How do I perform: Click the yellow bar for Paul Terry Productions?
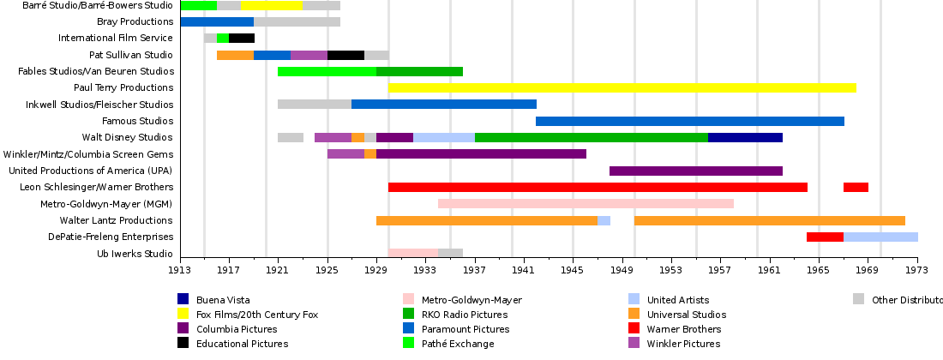point(622,87)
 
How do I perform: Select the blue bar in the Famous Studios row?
point(689,121)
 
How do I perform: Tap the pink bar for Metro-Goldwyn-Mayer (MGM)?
point(586,204)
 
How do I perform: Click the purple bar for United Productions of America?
point(695,171)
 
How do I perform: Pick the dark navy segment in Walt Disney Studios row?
point(745,137)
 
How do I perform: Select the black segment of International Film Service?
point(242,38)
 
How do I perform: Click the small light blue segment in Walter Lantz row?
point(604,220)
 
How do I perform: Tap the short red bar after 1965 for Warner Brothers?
point(856,187)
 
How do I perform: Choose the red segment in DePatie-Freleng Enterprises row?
point(825,237)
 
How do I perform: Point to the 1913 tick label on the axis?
point(180,269)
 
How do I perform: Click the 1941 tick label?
point(524,269)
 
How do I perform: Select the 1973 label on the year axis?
point(916,269)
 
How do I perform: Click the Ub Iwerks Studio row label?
point(135,254)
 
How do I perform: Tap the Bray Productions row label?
point(135,21)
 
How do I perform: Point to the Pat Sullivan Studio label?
point(130,55)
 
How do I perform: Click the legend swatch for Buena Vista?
point(183,299)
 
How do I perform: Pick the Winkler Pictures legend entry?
point(683,343)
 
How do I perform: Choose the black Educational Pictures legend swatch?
point(183,343)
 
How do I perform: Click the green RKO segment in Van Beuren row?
point(419,71)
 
